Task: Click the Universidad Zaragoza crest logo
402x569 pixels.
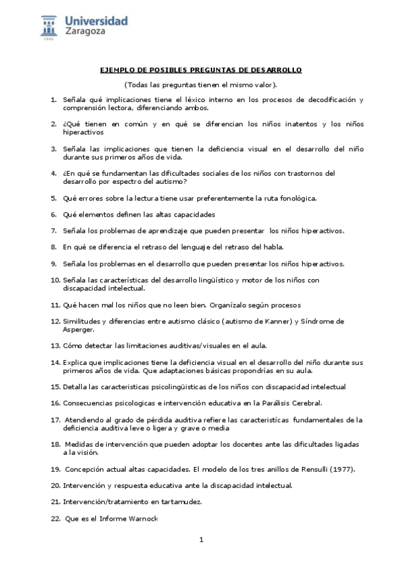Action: [50, 28]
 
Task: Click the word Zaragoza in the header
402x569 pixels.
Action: [86, 31]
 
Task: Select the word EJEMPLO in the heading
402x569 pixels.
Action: [116, 70]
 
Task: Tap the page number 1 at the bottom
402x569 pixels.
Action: [201, 539]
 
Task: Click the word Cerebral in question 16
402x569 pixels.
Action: [304, 403]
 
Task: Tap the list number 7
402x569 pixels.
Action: [54, 230]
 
